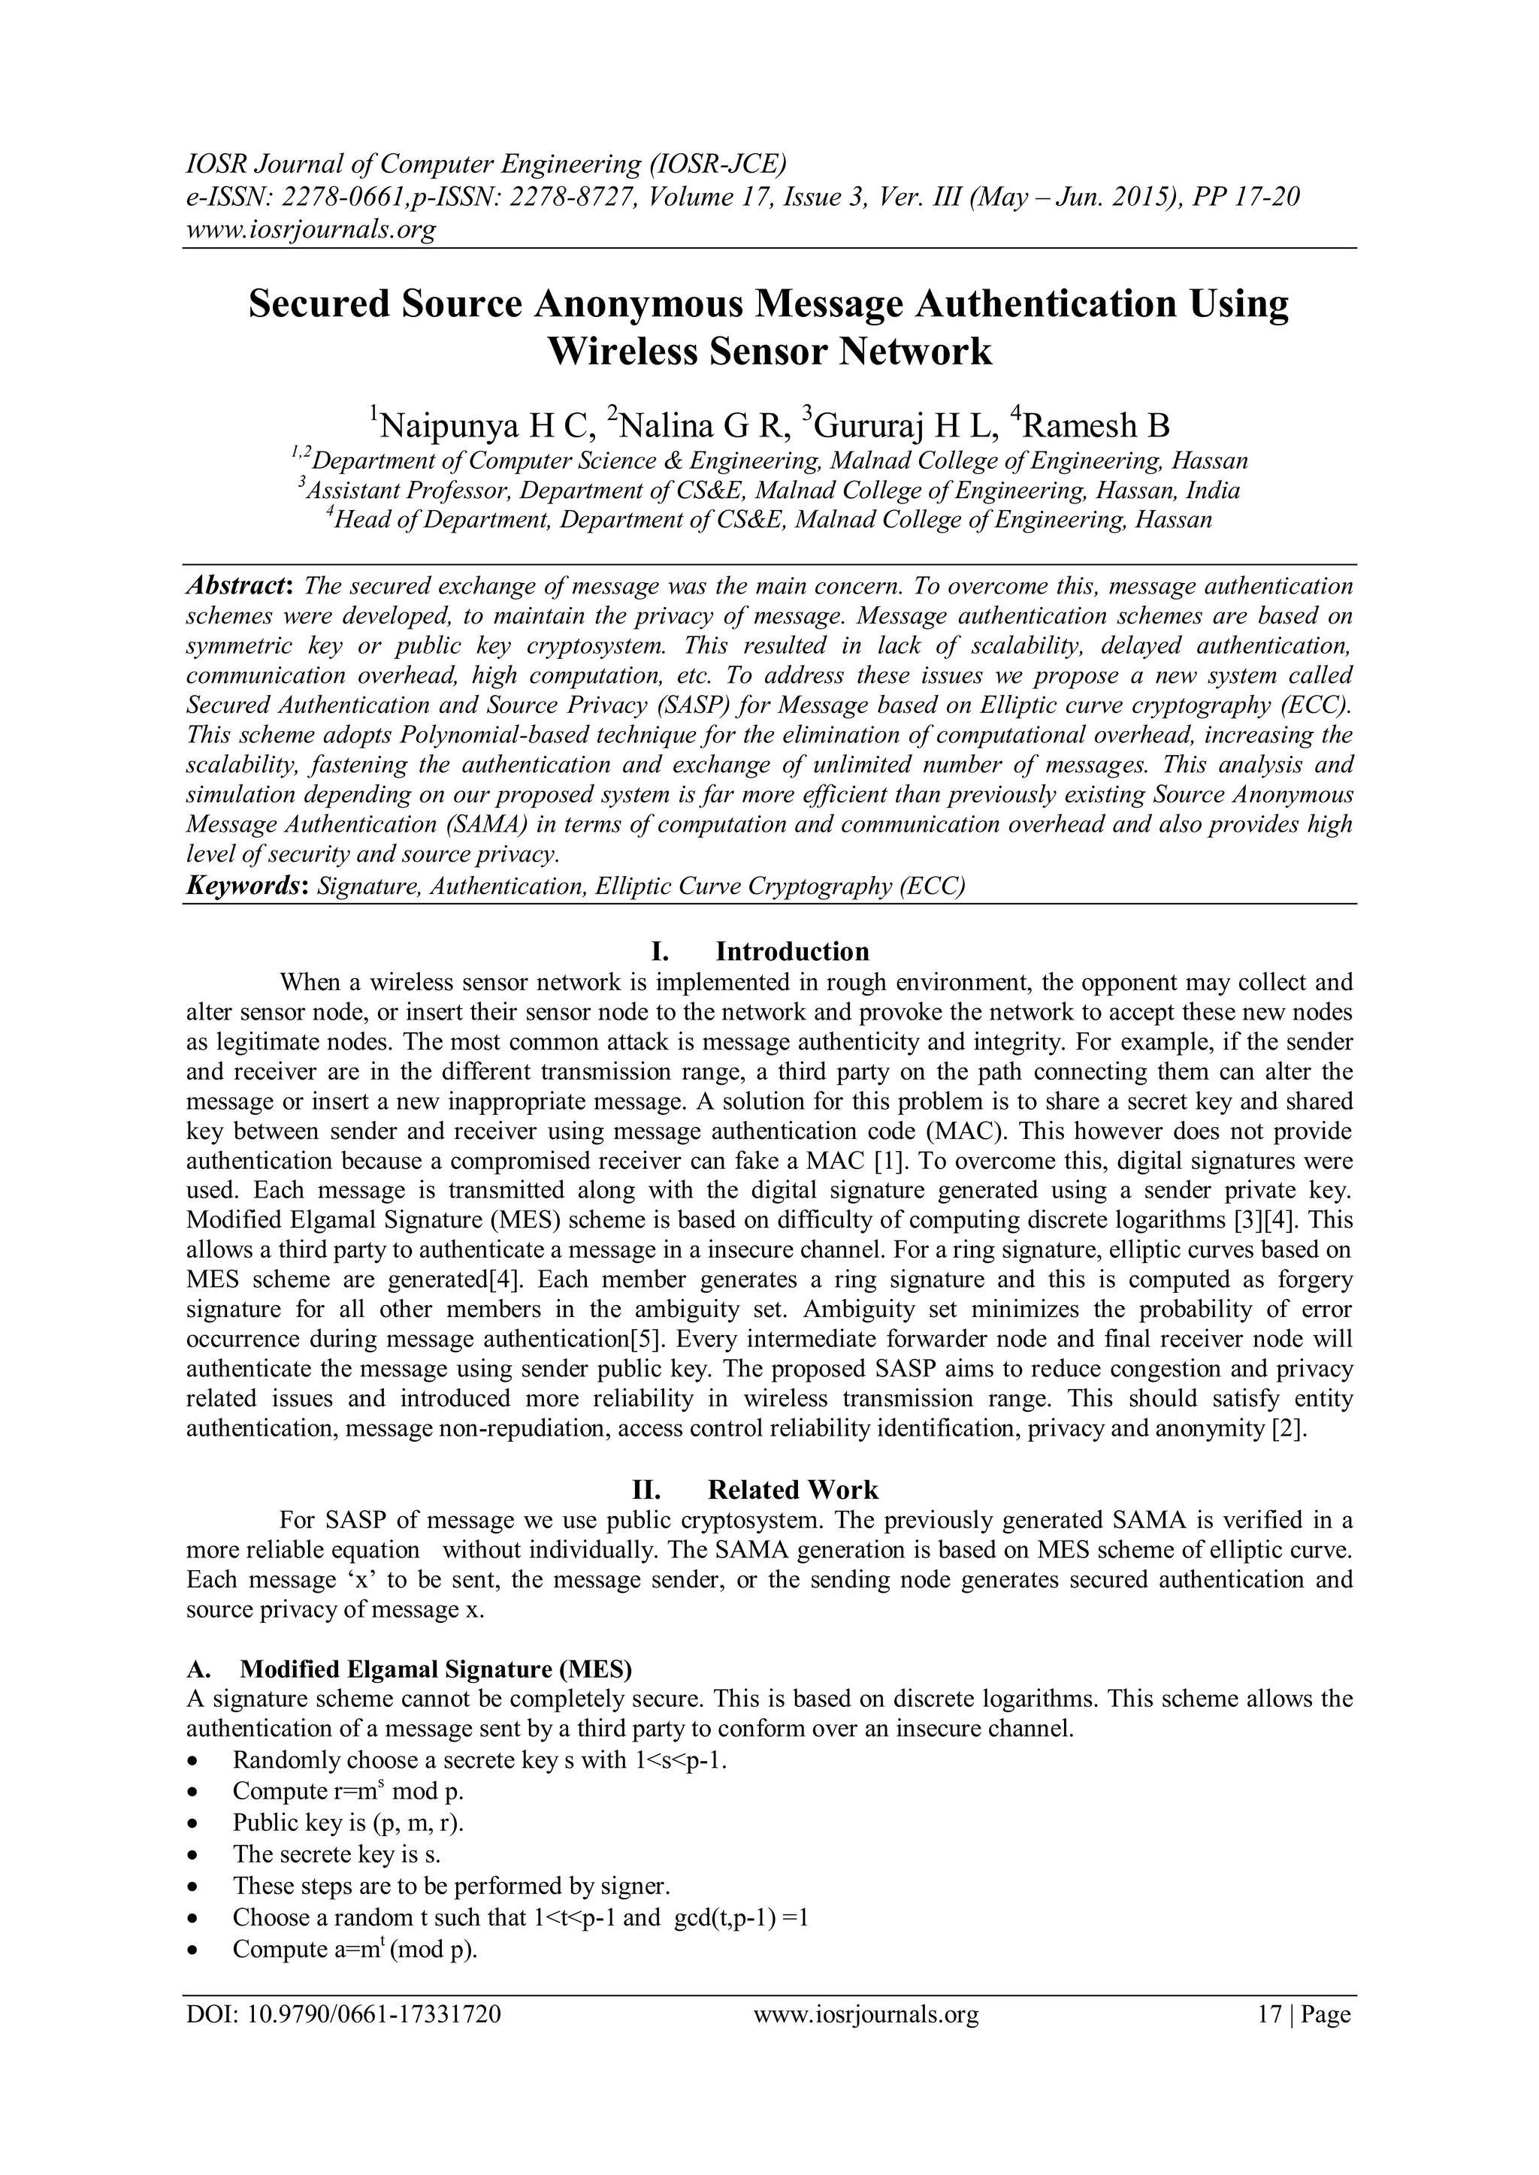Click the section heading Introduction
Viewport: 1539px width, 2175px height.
791,951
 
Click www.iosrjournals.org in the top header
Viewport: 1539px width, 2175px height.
310,229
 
